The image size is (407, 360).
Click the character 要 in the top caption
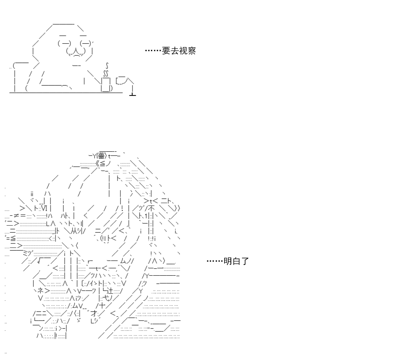coord(166,51)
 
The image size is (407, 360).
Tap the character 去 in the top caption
coord(175,51)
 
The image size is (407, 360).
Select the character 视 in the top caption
coord(183,51)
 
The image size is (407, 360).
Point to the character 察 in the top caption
coord(192,51)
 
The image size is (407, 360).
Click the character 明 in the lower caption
coord(228,261)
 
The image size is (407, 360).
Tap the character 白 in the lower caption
coord(236,261)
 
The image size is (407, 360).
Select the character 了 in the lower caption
coord(245,261)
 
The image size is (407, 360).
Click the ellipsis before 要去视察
coord(153,50)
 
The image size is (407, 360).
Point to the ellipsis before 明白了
coord(215,261)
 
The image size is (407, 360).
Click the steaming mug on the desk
coord(107,84)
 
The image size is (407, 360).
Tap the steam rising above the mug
coord(106,70)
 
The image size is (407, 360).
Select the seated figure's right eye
coord(85,43)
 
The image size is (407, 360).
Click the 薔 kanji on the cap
coord(101,156)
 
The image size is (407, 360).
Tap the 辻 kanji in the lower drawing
coord(110,290)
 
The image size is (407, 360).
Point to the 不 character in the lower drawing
coord(152,208)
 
